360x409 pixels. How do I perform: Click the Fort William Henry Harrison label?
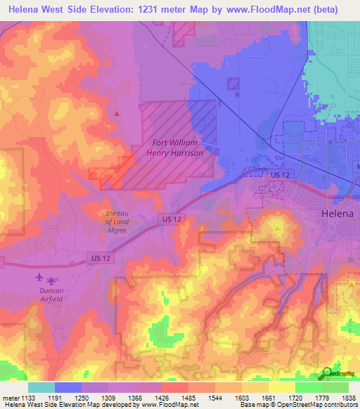point(178,148)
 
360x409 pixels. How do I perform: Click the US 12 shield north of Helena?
point(279,174)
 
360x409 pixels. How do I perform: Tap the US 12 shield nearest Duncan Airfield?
point(100,259)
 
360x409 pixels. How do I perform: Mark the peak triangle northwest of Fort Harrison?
point(117,113)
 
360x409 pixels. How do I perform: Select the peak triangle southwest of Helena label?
point(278,229)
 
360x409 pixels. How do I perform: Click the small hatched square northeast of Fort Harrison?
point(233,84)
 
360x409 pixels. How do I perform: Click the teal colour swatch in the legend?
point(41,387)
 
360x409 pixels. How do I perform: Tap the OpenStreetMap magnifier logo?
point(326,375)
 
